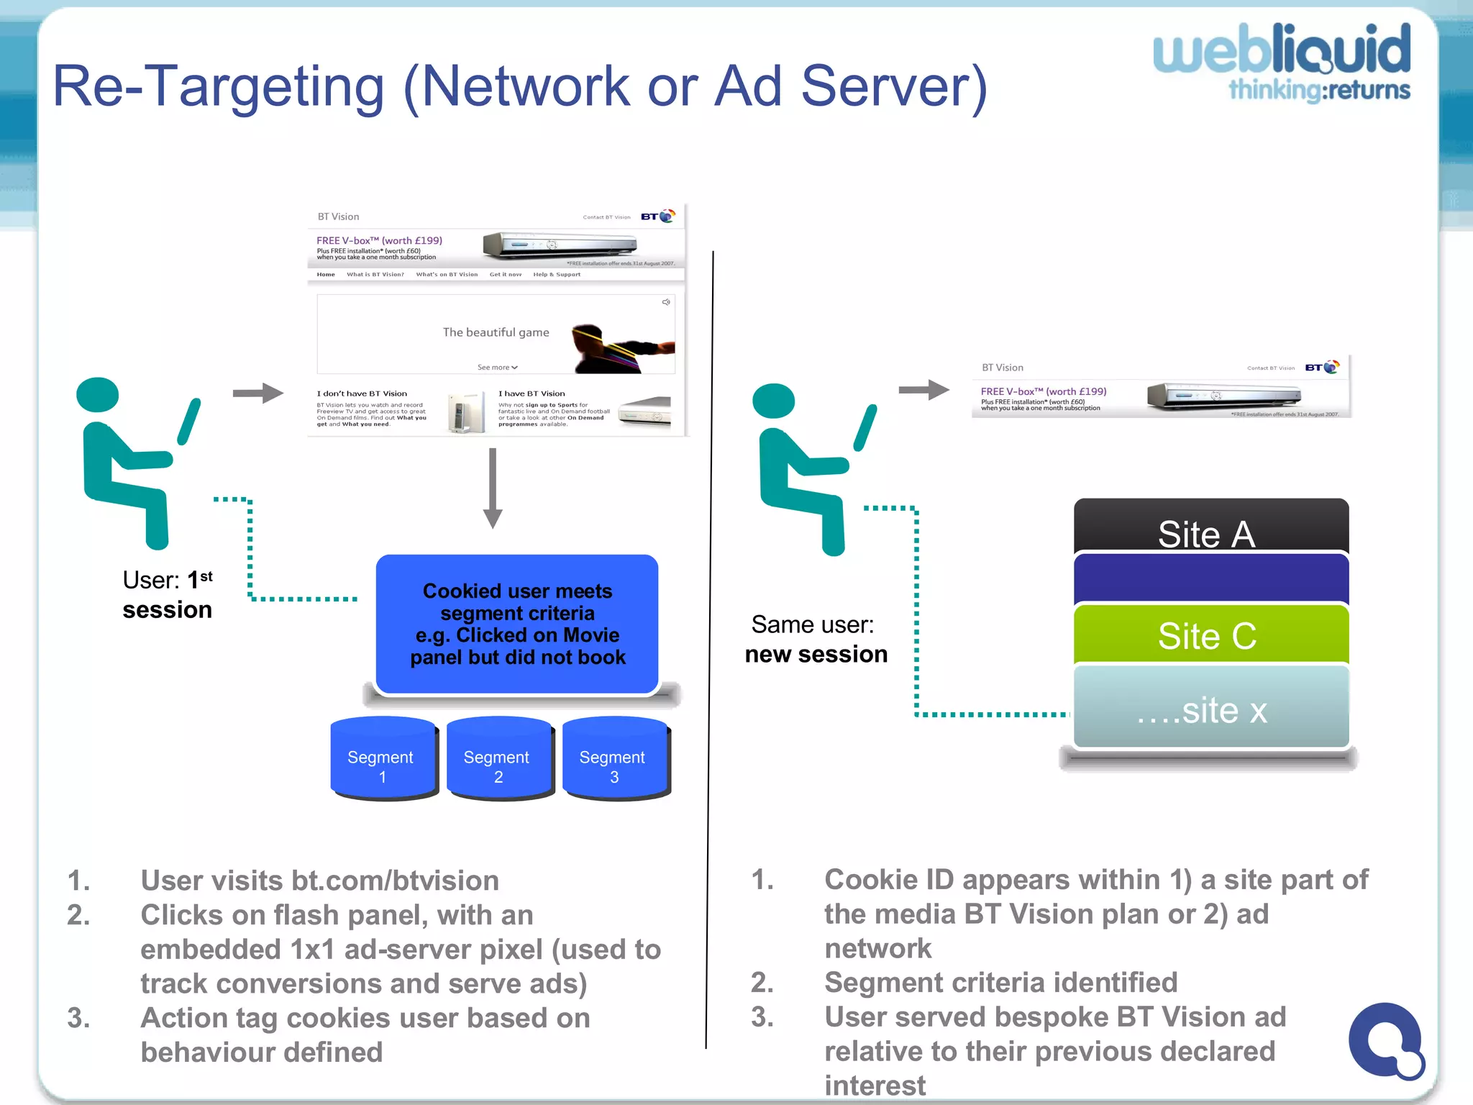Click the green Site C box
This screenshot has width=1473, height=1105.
[x=1210, y=635]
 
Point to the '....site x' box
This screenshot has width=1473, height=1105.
[x=1210, y=709]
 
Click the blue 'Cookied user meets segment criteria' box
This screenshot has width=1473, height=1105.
[x=516, y=624]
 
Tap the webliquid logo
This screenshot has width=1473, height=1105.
[x=1282, y=61]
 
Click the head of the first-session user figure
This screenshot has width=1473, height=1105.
[x=98, y=396]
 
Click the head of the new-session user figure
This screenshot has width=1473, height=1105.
[x=773, y=401]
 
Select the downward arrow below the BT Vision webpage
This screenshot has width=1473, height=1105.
[x=493, y=489]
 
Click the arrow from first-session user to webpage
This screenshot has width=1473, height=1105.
[x=257, y=393]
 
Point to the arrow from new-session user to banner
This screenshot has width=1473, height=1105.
[x=924, y=390]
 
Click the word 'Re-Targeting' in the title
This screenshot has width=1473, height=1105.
[x=218, y=86]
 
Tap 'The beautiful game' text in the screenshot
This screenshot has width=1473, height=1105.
[x=496, y=332]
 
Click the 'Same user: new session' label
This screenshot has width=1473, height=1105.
[x=816, y=639]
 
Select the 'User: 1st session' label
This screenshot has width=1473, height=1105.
[x=167, y=595]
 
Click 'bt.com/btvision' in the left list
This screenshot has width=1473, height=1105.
[x=395, y=881]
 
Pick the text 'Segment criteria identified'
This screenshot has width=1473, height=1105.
[x=1000, y=982]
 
